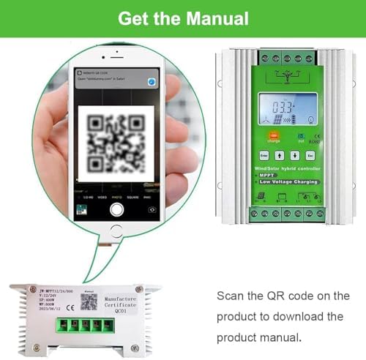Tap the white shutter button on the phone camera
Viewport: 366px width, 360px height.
pos(116,209)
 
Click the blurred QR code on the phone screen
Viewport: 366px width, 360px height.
pos(117,141)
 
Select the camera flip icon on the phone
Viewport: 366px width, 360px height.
pos(152,209)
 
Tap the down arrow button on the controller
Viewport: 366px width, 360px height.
pos(294,155)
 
